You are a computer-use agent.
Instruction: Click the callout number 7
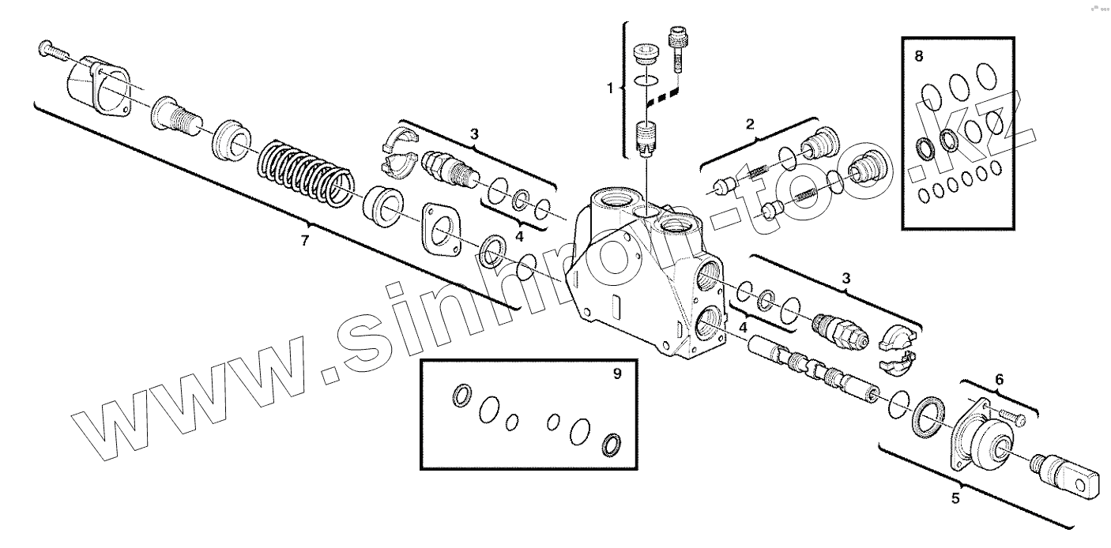click(x=305, y=242)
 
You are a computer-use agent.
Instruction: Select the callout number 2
click(x=750, y=123)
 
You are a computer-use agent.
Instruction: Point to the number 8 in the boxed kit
click(x=917, y=56)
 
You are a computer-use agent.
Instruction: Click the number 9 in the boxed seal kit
click(x=616, y=375)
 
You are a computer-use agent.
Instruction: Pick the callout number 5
click(x=955, y=498)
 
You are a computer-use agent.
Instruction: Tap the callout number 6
click(x=999, y=380)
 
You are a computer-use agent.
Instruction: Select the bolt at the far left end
click(x=53, y=52)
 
